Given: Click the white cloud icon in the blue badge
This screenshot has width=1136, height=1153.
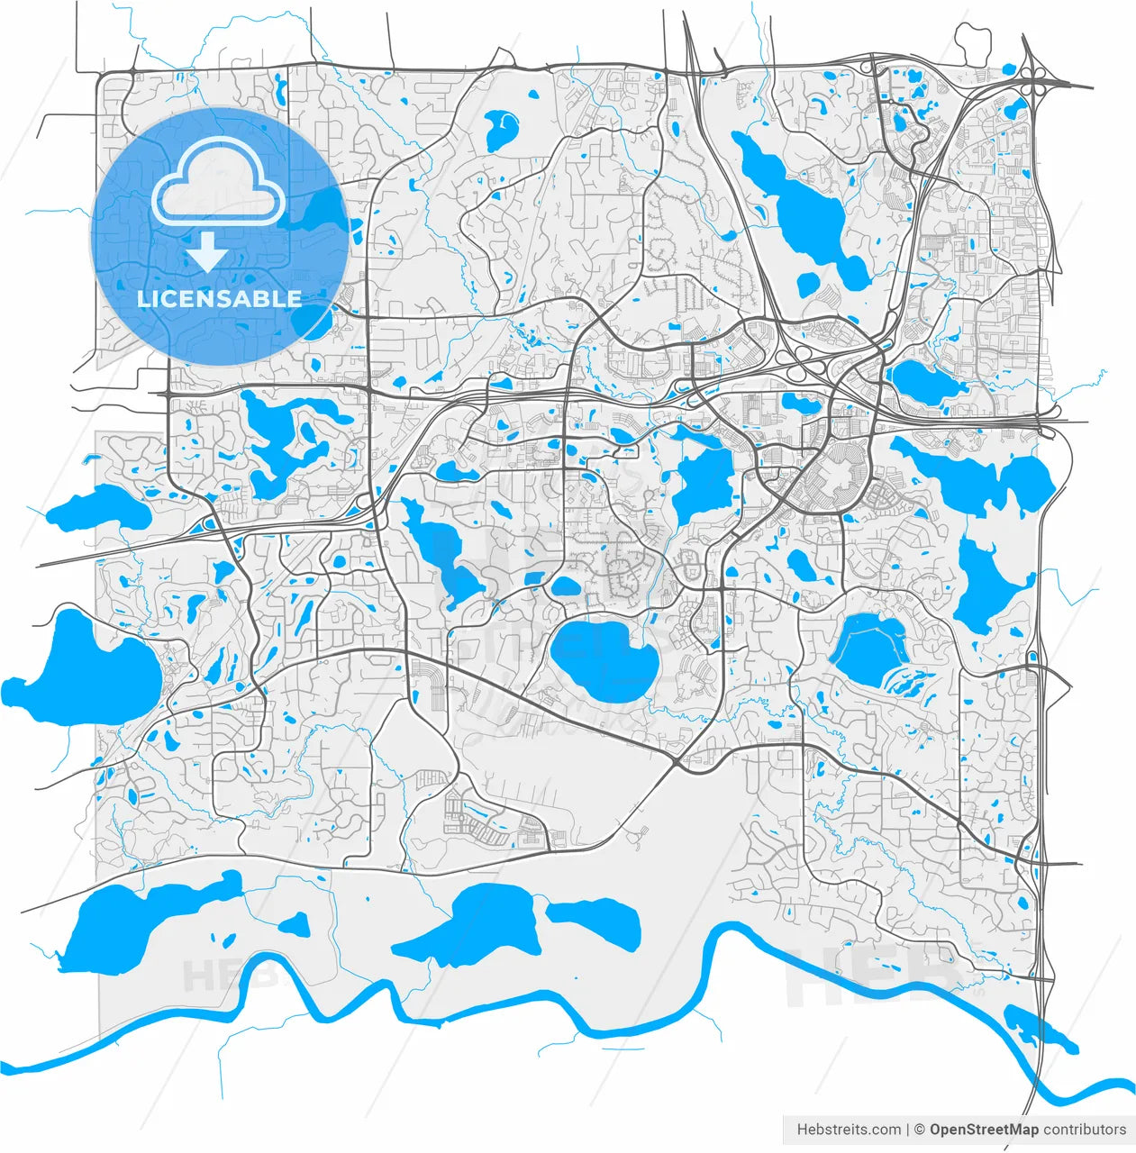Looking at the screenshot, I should pyautogui.click(x=219, y=185).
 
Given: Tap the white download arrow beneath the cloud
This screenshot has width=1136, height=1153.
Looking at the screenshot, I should pyautogui.click(x=207, y=252).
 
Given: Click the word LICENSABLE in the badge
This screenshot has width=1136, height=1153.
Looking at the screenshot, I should pyautogui.click(x=219, y=299).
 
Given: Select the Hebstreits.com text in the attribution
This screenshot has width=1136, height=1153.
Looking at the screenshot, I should pyautogui.click(x=849, y=1130).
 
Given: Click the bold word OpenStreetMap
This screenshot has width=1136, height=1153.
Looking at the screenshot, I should pyautogui.click(x=984, y=1130).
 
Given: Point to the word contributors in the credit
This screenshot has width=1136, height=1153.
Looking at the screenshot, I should pyautogui.click(x=1085, y=1130).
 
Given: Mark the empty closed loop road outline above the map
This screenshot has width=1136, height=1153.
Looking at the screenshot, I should pyautogui.click(x=973, y=41).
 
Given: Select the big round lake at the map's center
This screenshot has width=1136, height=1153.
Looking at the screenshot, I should pyautogui.click(x=604, y=658).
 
